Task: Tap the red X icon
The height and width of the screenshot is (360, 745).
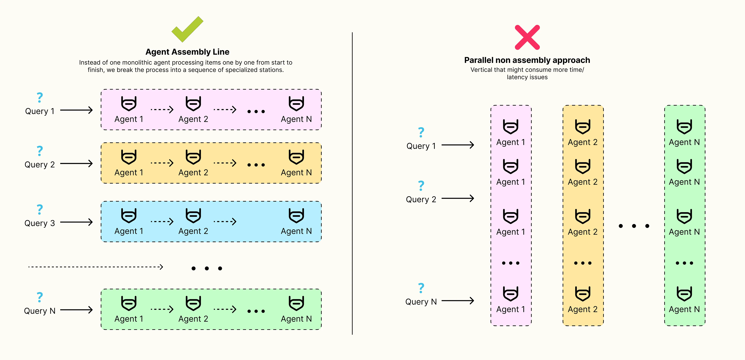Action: tap(527, 37)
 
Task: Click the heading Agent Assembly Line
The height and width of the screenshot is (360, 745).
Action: tap(187, 52)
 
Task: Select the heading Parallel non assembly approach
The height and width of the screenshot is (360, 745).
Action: tap(527, 60)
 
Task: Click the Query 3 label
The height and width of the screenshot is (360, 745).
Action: tap(40, 223)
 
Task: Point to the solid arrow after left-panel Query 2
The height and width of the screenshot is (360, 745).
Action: tap(76, 164)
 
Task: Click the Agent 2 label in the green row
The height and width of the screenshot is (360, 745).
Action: tap(193, 319)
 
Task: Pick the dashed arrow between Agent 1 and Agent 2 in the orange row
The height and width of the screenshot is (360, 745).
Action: tap(162, 163)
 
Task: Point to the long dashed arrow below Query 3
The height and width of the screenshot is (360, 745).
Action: tap(95, 267)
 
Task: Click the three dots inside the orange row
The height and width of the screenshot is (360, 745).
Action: tap(256, 165)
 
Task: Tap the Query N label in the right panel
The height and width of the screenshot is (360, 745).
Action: tap(421, 302)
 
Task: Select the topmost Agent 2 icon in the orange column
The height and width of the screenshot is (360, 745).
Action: tap(582, 126)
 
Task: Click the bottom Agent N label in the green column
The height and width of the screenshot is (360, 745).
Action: tap(684, 309)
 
